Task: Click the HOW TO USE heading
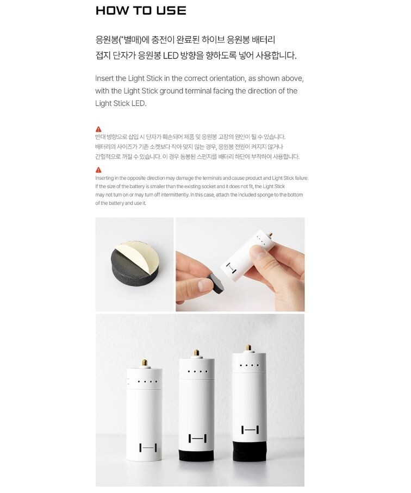(140, 10)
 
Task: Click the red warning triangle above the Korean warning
(98, 129)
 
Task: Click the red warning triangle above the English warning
(98, 170)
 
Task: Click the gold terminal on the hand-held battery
(269, 232)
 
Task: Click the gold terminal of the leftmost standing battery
(144, 362)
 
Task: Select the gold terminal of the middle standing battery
(196, 353)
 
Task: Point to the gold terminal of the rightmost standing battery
(248, 348)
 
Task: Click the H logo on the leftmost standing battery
(148, 448)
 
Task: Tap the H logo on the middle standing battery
(197, 438)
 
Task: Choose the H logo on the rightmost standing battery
(249, 430)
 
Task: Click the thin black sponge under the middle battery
(196, 455)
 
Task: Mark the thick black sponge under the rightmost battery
(250, 451)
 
